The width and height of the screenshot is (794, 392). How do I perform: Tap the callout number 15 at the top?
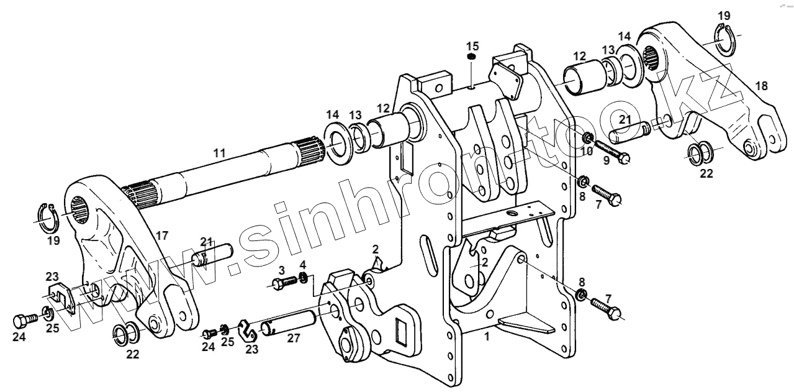[473, 46]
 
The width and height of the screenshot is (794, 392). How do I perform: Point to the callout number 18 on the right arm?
[761, 86]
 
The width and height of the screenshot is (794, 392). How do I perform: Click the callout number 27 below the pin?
[293, 337]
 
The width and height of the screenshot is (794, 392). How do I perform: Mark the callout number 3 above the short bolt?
[281, 270]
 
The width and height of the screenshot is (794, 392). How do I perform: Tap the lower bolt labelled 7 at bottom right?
[605, 308]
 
